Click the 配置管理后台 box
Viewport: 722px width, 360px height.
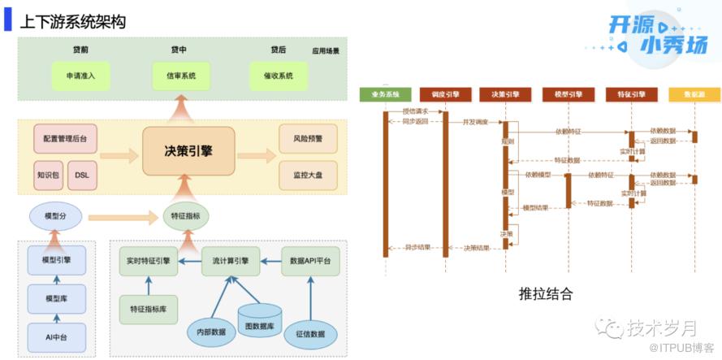[65, 139]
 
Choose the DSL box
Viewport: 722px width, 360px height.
[82, 175]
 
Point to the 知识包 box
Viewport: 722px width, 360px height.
[48, 175]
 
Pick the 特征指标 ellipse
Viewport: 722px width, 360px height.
[186, 216]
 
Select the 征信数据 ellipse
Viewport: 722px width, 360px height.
[310, 332]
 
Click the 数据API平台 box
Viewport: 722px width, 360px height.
[310, 261]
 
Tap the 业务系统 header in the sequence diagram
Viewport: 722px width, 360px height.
[385, 94]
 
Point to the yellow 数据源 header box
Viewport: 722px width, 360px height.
[694, 94]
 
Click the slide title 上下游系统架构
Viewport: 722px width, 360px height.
[73, 22]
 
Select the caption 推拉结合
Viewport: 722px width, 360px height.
[545, 293]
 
